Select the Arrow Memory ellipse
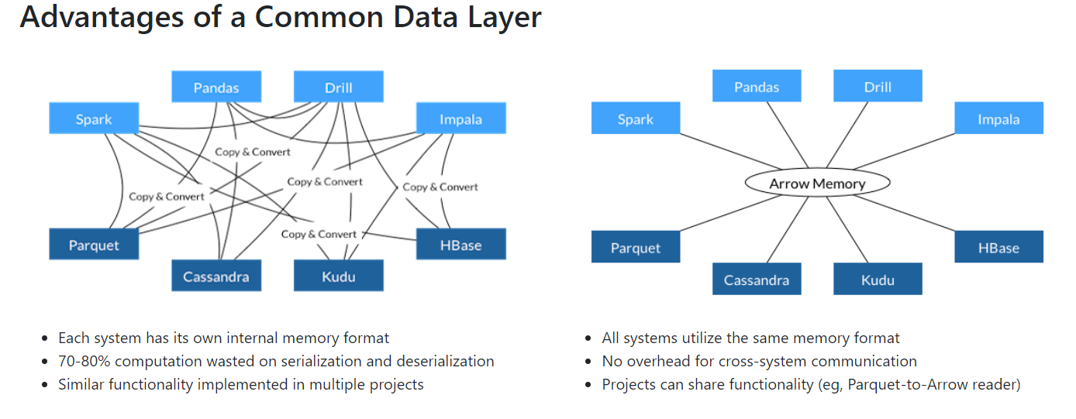click(x=817, y=184)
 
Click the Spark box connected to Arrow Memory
click(x=636, y=119)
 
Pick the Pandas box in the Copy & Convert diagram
click(x=216, y=88)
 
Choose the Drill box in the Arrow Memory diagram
click(x=878, y=87)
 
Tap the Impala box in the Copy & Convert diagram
click(x=460, y=119)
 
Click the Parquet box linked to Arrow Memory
click(x=636, y=248)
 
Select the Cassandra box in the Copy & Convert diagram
click(x=216, y=276)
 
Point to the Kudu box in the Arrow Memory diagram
click(x=878, y=280)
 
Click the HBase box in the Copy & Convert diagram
click(x=460, y=245)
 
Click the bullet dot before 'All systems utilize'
click(x=590, y=339)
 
